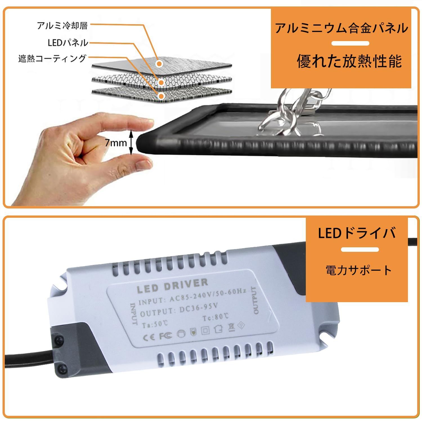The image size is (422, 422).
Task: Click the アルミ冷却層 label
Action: coord(62,26)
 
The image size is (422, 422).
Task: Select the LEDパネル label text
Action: coord(68,43)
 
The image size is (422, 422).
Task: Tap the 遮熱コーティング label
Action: coord(52,59)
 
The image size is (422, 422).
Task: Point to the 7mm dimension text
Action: coord(116,143)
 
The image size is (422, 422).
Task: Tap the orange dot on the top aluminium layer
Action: coord(160,64)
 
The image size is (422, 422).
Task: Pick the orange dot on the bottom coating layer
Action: coord(161,96)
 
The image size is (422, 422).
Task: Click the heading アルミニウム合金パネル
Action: coord(341,28)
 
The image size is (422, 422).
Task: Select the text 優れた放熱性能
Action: coord(349,61)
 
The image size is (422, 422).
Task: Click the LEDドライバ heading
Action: coord(357,233)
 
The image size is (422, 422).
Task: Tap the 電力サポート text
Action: coord(358,270)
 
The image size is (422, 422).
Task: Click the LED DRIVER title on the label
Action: coord(172,285)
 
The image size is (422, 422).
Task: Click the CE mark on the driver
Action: coord(149,337)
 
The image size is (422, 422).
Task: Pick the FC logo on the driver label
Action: coord(165,336)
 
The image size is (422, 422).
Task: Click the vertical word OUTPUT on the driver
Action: coord(254,300)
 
